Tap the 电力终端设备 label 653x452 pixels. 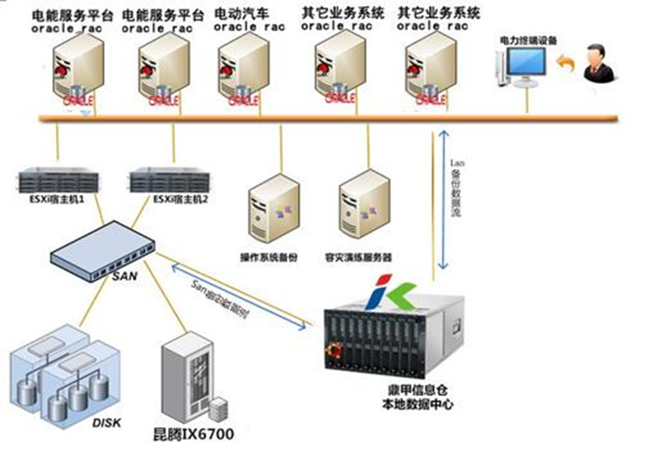(525, 40)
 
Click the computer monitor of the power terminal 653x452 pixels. (525, 64)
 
